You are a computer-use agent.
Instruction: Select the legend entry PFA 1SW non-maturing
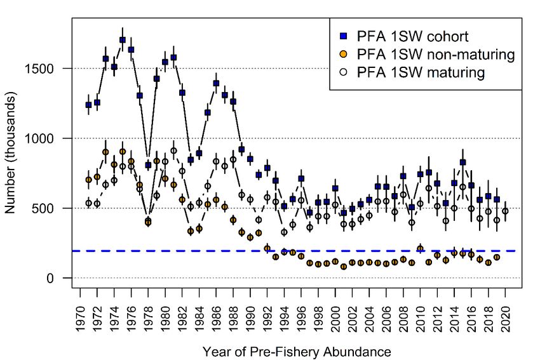coord(435,54)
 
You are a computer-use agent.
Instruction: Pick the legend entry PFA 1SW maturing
coord(421,72)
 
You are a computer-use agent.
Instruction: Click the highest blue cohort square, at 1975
coord(122,39)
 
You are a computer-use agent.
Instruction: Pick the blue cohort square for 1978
coord(148,165)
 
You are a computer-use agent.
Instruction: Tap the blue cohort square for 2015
coord(462,163)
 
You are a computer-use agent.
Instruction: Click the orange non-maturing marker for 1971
coord(88,180)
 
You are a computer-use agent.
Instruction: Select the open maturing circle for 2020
coord(506,211)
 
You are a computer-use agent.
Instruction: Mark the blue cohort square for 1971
coord(88,105)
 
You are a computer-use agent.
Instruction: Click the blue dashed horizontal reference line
coord(381,251)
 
